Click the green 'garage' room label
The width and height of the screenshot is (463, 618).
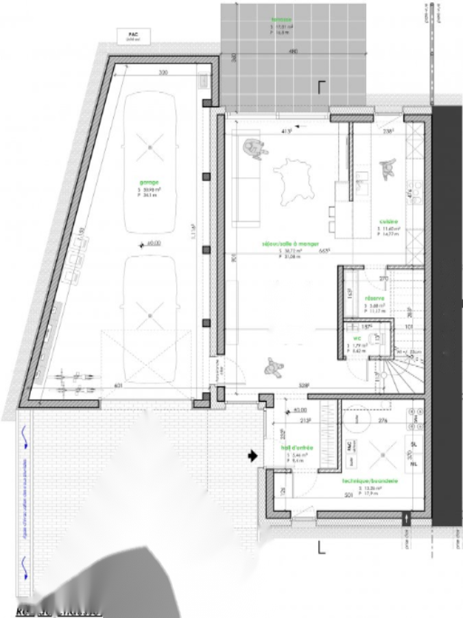149,182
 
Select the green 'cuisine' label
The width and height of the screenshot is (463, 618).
390,222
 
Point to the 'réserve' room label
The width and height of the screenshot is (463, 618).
375,299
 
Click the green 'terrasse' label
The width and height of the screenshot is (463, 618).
281,20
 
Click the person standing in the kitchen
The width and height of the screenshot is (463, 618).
387,168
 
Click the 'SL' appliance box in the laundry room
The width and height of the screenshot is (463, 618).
413,445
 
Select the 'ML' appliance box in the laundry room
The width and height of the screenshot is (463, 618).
413,464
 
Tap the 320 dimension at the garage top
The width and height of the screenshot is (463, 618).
163,72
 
